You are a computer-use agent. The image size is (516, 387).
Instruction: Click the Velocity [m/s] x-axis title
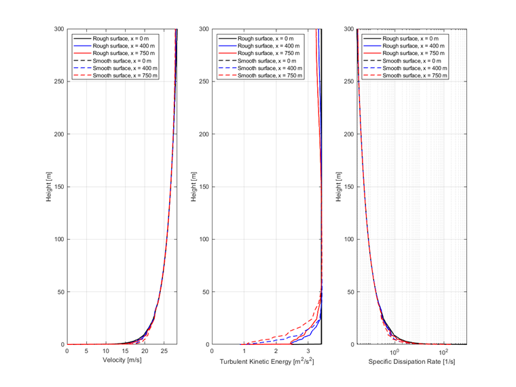[x=122, y=362]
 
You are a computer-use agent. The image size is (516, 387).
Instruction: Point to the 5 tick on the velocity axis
[x=86, y=351]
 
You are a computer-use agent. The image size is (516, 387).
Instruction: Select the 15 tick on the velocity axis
[x=126, y=351]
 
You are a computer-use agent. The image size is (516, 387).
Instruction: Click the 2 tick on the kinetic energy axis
[x=276, y=351]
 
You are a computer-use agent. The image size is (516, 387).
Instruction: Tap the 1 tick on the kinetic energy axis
[x=244, y=351]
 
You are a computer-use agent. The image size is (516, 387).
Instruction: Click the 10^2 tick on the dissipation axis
[x=444, y=351]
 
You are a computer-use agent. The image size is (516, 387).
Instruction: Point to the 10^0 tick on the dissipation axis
[x=394, y=351]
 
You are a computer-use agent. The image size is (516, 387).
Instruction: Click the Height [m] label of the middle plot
[x=196, y=187]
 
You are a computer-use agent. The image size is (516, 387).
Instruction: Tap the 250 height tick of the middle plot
[x=204, y=81]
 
